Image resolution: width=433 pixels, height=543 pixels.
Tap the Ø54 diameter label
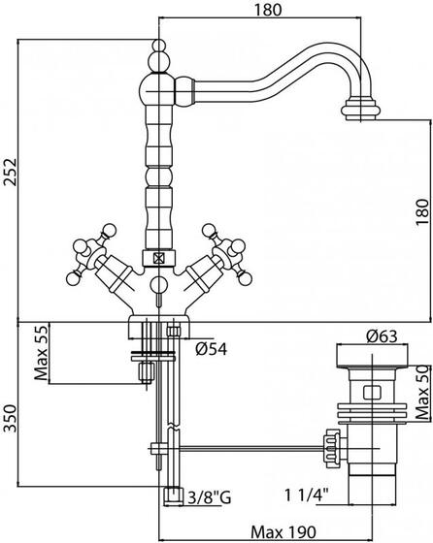[211, 349]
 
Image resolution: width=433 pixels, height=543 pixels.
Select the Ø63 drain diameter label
[382, 335]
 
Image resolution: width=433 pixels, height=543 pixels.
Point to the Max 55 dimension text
[41, 353]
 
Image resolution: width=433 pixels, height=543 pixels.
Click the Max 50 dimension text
[423, 393]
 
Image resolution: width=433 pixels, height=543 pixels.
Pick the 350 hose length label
[10, 418]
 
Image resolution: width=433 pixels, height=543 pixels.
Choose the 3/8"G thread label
[210, 498]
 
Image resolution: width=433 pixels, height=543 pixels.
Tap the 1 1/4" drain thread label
[306, 495]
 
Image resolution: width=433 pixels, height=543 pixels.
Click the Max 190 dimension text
[283, 532]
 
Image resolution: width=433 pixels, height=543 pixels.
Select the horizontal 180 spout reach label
[268, 10]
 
